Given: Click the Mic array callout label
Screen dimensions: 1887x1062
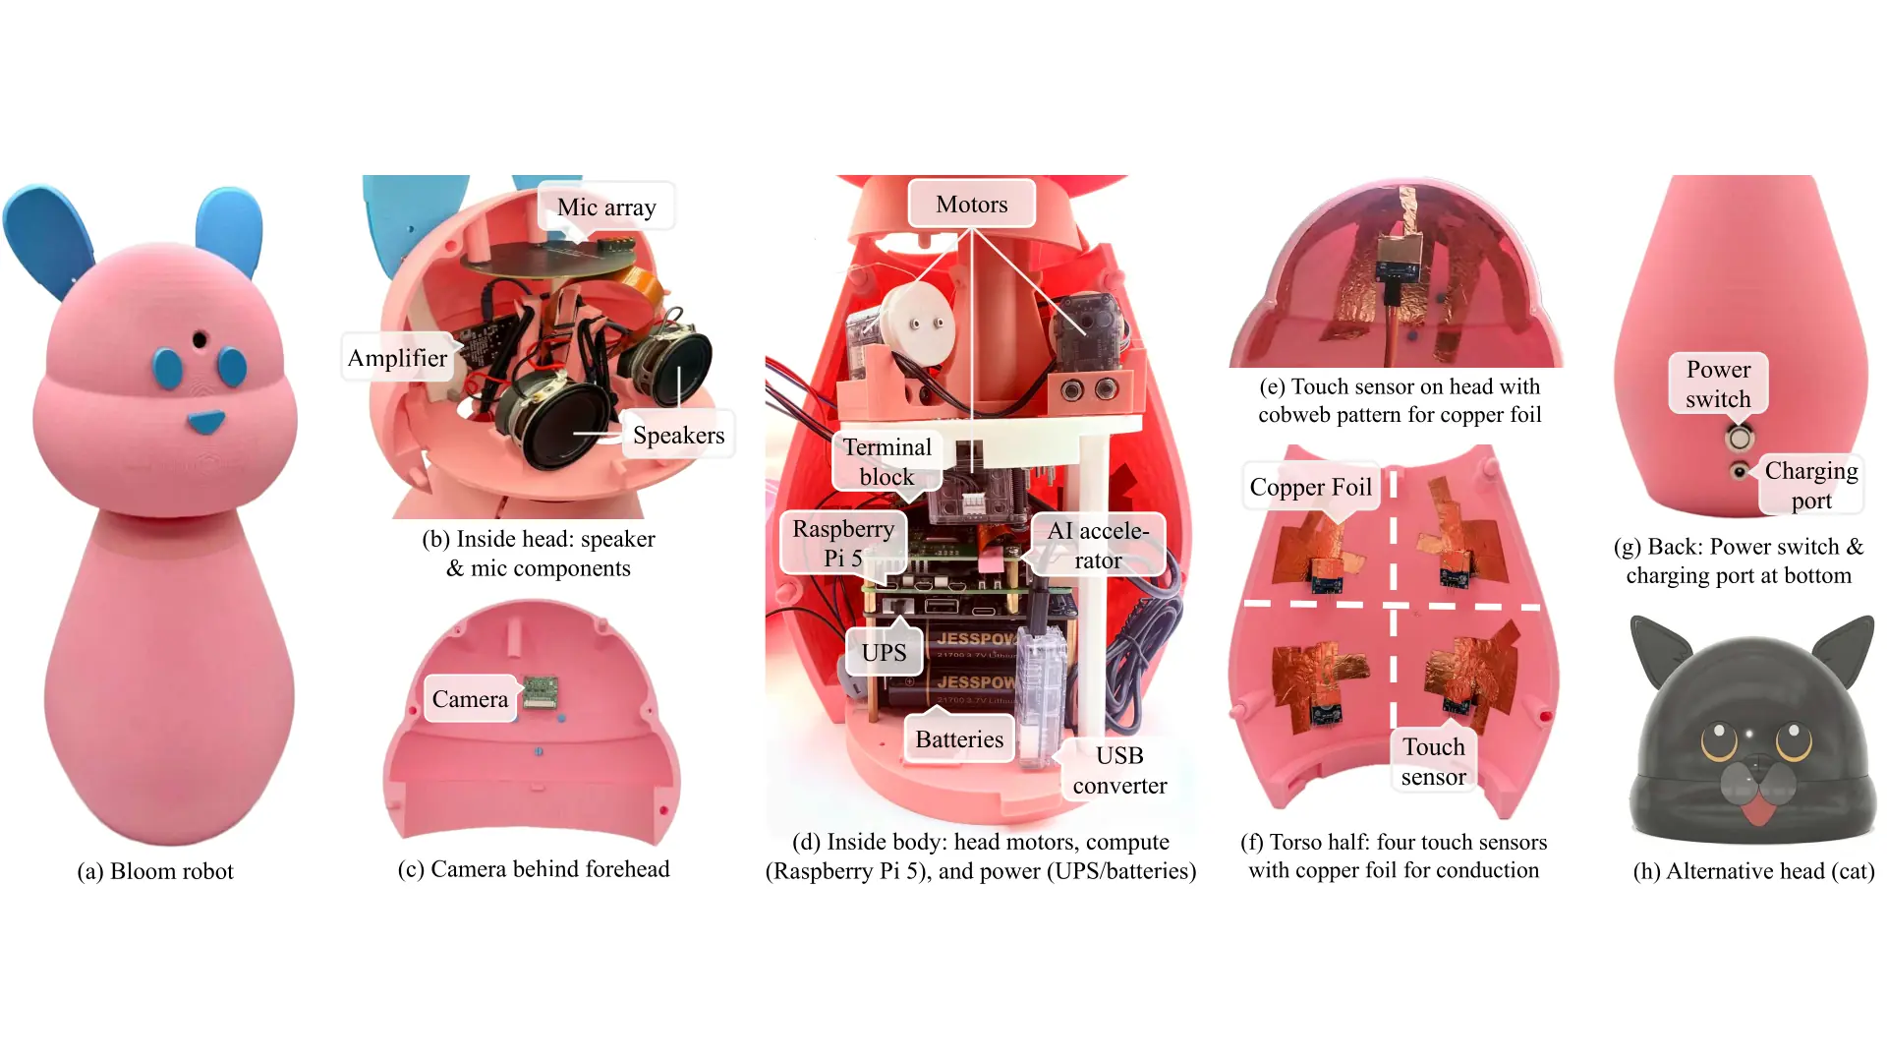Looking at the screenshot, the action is pos(606,206).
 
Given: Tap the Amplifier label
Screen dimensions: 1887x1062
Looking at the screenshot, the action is pos(398,357).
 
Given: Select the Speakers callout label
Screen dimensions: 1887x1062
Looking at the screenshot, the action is pos(678,435).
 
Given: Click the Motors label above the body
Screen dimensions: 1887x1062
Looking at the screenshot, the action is pos(971,204).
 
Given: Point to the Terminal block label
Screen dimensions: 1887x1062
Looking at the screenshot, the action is pos(886,461).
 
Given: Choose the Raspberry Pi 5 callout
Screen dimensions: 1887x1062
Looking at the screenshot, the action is pos(843,543).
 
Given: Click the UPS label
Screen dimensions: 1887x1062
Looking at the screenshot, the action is pos(884,652).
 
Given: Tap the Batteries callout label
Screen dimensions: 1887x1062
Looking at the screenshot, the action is pos(959,738).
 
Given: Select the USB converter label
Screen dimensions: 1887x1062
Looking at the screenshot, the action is pos(1119,770).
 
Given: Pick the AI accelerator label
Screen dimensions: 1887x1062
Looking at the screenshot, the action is pos(1098,545).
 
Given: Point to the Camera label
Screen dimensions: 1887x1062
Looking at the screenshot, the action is pos(470,698).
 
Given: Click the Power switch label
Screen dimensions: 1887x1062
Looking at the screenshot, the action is pos(1718,383).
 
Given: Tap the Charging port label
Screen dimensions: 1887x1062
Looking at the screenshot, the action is pos(1810,485).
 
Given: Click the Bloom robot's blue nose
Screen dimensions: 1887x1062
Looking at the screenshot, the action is pos(206,423).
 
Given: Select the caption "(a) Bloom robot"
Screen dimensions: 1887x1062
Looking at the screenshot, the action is pos(155,871).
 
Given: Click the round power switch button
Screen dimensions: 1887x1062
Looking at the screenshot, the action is pos(1739,437).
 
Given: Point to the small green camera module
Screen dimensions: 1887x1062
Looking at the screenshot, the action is pos(540,690).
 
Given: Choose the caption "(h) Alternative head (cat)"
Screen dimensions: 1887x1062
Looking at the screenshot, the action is pos(1753,871).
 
